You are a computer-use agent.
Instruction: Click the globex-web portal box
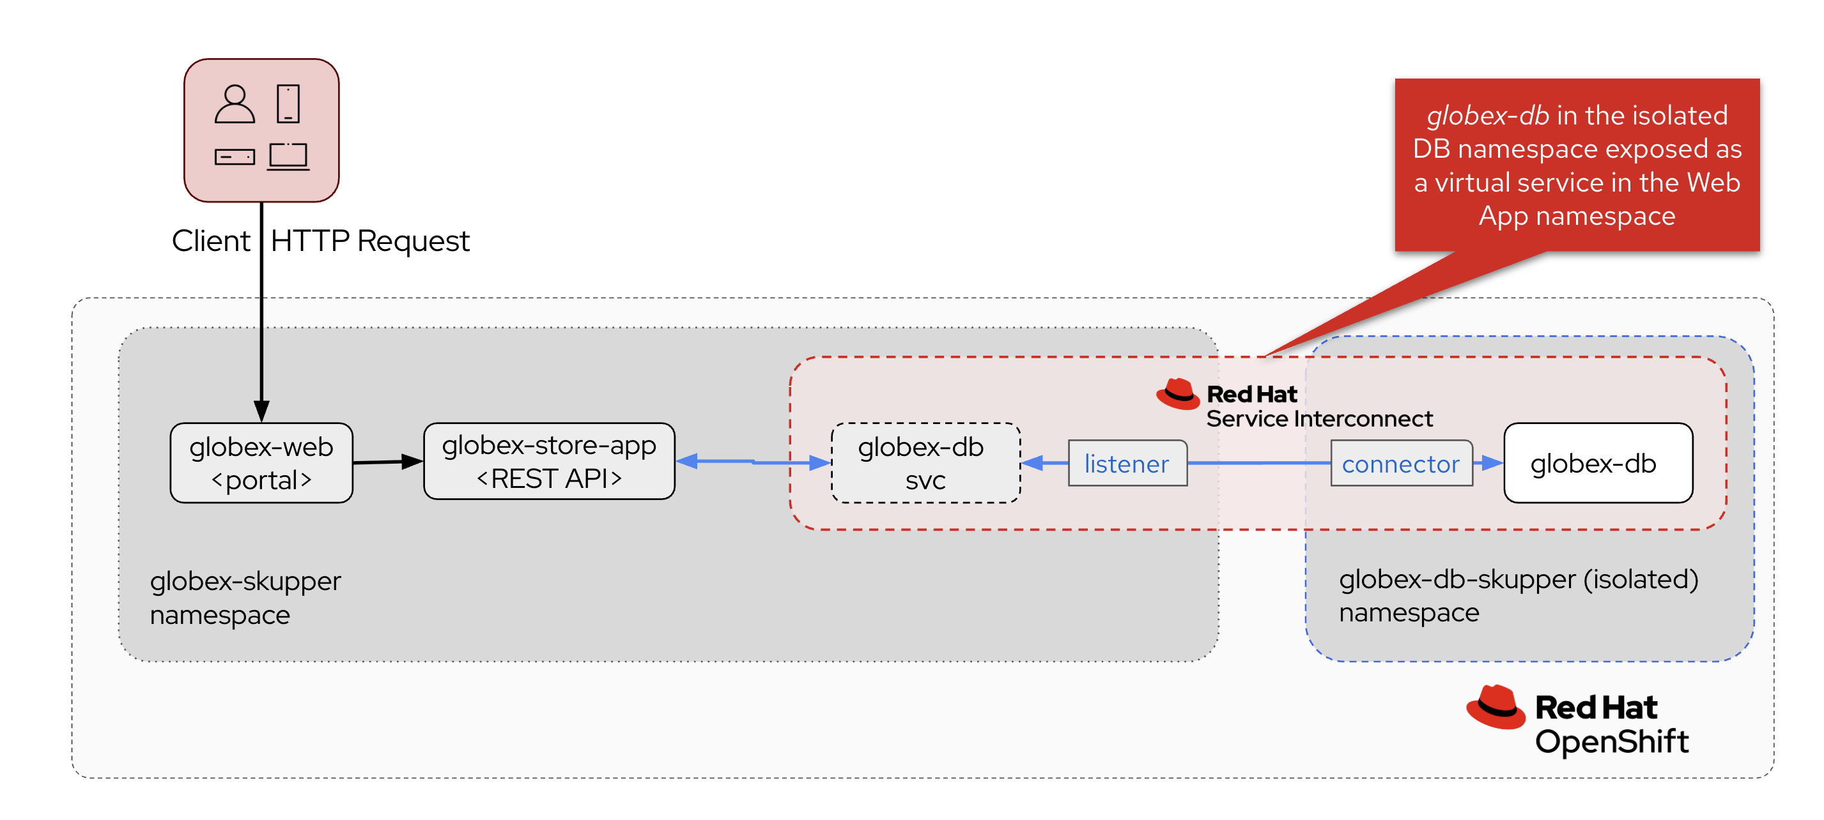click(x=261, y=463)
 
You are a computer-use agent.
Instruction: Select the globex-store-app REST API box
click(x=549, y=461)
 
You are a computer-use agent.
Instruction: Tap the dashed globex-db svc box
click(x=925, y=463)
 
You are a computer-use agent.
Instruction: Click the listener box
click(x=1127, y=464)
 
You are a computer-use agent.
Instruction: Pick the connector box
click(x=1400, y=464)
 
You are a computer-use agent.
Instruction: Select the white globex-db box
click(x=1597, y=463)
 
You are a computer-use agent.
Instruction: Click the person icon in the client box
click(x=235, y=105)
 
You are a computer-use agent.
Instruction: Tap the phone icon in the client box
click(x=288, y=104)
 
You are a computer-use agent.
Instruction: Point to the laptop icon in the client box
click(x=288, y=156)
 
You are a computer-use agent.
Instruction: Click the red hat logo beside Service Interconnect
click(x=1177, y=394)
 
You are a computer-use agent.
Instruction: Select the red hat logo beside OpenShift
click(x=1495, y=707)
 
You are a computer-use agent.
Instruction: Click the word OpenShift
click(x=1611, y=741)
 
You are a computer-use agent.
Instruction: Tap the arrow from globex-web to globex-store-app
click(x=387, y=462)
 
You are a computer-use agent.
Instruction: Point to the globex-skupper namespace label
click(x=245, y=597)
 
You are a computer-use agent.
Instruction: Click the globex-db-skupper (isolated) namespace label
click(x=1517, y=595)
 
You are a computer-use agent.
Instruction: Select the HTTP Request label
click(x=369, y=241)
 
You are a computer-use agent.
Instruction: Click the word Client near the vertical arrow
click(x=210, y=241)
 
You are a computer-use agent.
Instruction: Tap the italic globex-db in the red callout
click(x=1487, y=116)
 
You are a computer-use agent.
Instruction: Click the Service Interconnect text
click(x=1318, y=419)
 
